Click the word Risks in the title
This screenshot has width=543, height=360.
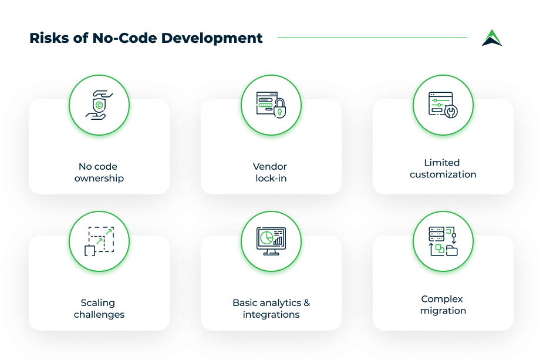point(49,38)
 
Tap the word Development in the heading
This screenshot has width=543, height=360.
point(212,38)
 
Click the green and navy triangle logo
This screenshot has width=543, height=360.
point(492,38)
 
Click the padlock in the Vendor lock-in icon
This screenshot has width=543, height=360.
point(280,108)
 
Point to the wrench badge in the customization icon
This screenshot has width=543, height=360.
point(451,112)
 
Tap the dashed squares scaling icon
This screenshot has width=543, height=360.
point(99,241)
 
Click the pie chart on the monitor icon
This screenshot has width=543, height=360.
point(267,238)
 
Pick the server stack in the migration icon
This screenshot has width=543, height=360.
point(436,234)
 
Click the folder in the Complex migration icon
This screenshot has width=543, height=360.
point(451,251)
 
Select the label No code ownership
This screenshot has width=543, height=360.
point(99,172)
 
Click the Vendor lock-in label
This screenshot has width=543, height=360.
point(271,172)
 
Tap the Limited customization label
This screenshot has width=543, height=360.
point(443,169)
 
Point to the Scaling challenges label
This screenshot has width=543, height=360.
point(99,308)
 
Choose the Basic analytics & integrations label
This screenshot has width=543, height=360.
point(271,308)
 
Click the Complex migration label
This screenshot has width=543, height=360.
point(443,305)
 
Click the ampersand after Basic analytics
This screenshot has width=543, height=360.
point(307,303)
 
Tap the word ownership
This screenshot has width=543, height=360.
point(99,179)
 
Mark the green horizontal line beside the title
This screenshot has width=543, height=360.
point(372,38)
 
